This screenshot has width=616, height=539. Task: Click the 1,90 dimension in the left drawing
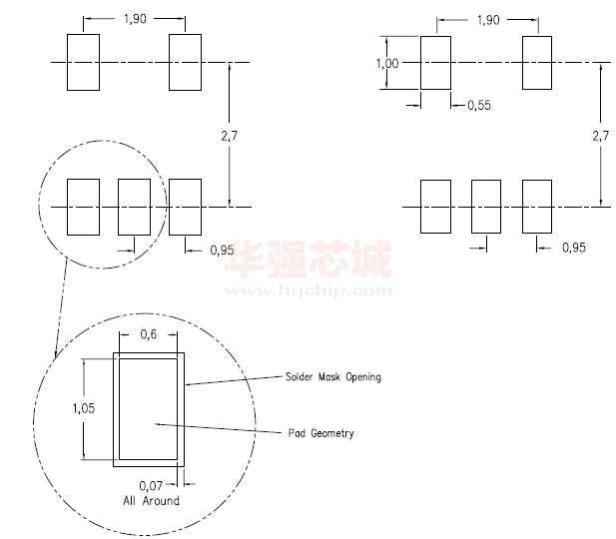coord(135,18)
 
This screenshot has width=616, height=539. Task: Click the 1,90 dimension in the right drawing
coord(488,20)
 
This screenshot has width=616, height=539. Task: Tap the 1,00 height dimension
coord(387,63)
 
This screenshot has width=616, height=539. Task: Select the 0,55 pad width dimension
coord(479,105)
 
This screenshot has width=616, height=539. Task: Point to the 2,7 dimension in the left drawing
coord(229,136)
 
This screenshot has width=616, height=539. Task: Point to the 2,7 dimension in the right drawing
coord(601,136)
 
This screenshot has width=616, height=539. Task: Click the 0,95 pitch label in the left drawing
coord(222,250)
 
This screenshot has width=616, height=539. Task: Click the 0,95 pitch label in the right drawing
coord(574,248)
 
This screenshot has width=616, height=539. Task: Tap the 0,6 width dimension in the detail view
coord(149,334)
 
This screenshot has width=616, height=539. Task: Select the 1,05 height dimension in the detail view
coord(84,408)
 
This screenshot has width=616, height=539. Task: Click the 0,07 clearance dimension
coord(151,486)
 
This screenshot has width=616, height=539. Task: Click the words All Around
coord(151,500)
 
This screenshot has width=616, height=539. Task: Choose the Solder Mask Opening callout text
coord(333,377)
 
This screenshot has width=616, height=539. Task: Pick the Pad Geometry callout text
coord(320,433)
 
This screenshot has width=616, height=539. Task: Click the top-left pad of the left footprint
coord(83,62)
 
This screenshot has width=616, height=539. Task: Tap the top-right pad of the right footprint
coord(537,63)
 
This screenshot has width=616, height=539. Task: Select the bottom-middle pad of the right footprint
coord(486,207)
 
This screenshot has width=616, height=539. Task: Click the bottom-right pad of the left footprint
coord(185,207)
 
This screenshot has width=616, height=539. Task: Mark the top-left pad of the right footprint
coord(435,63)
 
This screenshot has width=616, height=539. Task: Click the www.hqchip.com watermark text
coord(308,290)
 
